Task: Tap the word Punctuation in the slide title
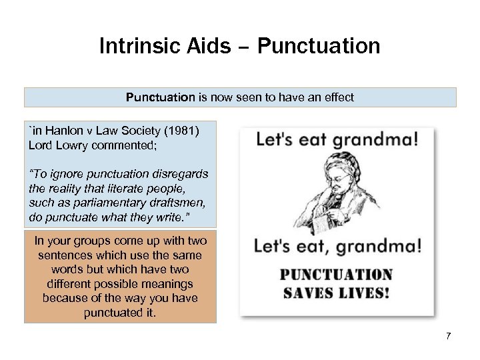[x=319, y=46]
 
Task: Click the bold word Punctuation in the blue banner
[x=160, y=97]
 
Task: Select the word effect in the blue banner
[x=336, y=97]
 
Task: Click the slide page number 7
[x=449, y=335]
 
